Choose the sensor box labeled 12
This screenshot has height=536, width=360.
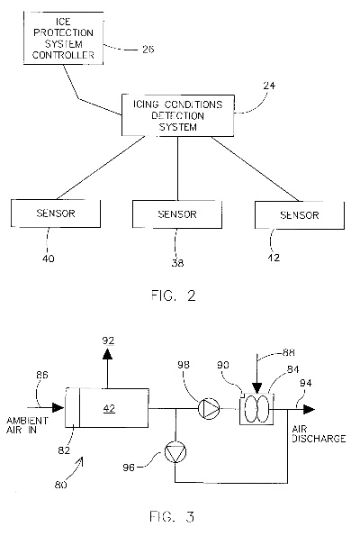pos(292,214)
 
